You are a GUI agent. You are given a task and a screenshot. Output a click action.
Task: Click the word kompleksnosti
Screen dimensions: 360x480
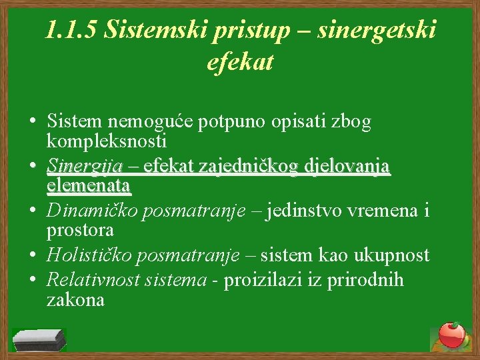click(107, 141)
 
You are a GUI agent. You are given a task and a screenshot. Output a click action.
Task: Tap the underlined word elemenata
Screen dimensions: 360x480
click(89, 185)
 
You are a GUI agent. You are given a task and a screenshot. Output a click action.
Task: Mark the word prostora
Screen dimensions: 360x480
click(80, 230)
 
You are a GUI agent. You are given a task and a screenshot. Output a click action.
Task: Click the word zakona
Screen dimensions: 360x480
click(75, 299)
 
